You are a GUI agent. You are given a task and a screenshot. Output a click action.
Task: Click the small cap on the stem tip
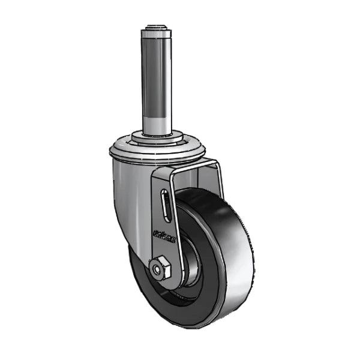158,26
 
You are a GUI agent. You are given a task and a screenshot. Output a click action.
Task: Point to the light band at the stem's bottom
158,123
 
